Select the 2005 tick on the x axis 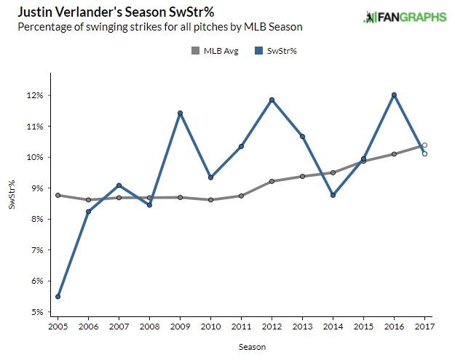click(x=58, y=327)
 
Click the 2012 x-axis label click(x=272, y=327)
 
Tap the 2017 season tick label click(x=424, y=327)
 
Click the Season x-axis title click(x=252, y=347)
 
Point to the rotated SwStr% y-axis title click(x=12, y=196)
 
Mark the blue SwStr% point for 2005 click(x=58, y=297)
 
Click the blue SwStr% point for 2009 click(x=180, y=113)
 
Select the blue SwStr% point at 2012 click(x=272, y=100)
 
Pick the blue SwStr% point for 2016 click(x=394, y=95)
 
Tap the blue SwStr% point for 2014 click(x=333, y=195)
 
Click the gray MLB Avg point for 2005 click(x=58, y=195)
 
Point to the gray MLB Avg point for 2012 click(x=272, y=181)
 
